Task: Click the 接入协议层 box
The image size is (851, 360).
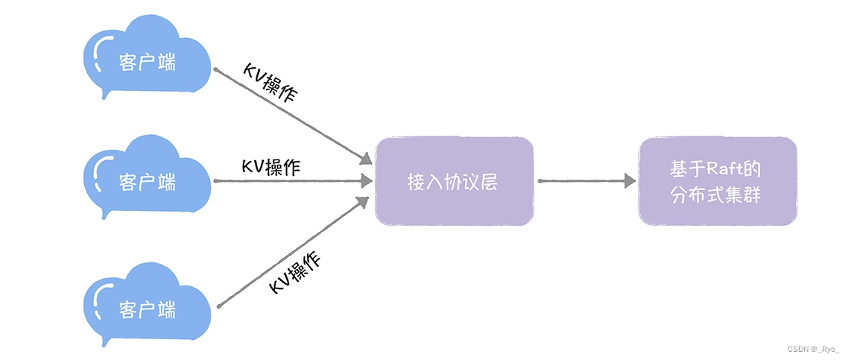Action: (454, 181)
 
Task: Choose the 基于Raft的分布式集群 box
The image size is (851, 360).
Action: (717, 181)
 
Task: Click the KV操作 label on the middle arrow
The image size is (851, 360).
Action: (271, 167)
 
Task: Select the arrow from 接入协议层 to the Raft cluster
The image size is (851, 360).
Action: (586, 181)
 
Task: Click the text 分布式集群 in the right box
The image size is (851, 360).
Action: (717, 196)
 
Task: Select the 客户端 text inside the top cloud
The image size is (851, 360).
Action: (148, 62)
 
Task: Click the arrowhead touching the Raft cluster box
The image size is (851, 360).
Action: (630, 181)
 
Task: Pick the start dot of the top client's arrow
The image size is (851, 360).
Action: (215, 70)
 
